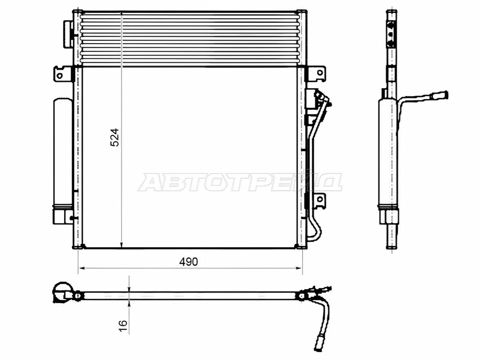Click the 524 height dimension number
point(115,137)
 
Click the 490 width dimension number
point(188,262)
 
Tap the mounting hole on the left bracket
point(59,76)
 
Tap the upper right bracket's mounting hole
point(320,73)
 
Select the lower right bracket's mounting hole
point(320,199)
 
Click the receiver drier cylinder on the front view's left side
point(63,153)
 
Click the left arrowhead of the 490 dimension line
point(81,268)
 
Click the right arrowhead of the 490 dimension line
point(299,268)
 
